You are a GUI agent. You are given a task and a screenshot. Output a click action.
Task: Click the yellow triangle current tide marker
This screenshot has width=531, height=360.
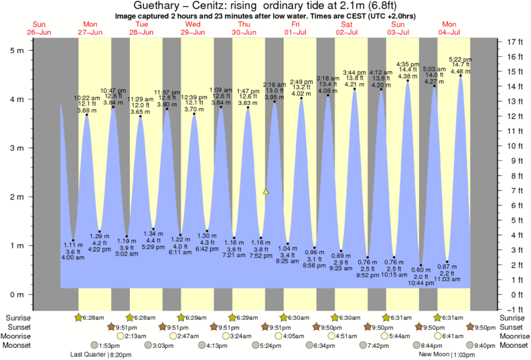click(266, 191)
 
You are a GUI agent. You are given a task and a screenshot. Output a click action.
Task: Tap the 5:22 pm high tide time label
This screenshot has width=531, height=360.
click(459, 59)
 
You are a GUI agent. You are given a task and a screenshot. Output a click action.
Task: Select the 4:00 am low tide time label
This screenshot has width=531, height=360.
click(73, 257)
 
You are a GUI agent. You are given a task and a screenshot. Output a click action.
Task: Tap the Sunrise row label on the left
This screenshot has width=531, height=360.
click(18, 317)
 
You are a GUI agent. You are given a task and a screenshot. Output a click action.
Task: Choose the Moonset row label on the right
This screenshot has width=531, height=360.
click(514, 345)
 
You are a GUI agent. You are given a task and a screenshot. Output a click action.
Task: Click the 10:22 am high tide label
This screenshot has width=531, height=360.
click(86, 97)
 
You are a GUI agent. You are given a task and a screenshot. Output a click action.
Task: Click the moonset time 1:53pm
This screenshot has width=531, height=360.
click(99, 345)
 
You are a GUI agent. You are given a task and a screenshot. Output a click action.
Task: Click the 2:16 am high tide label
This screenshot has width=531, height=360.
click(275, 85)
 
